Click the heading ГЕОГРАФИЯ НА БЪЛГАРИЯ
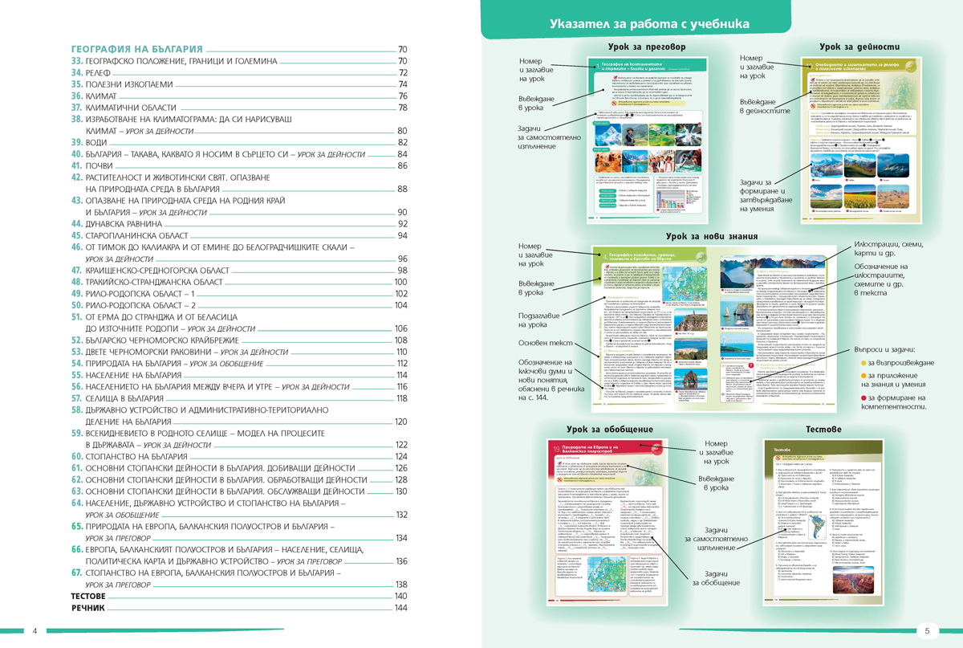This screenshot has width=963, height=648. [x=136, y=49]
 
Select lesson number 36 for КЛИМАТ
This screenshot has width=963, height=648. [x=78, y=96]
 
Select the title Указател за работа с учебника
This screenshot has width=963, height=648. [x=649, y=24]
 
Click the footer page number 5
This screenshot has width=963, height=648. [x=928, y=630]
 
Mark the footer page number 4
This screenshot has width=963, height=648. [x=35, y=630]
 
